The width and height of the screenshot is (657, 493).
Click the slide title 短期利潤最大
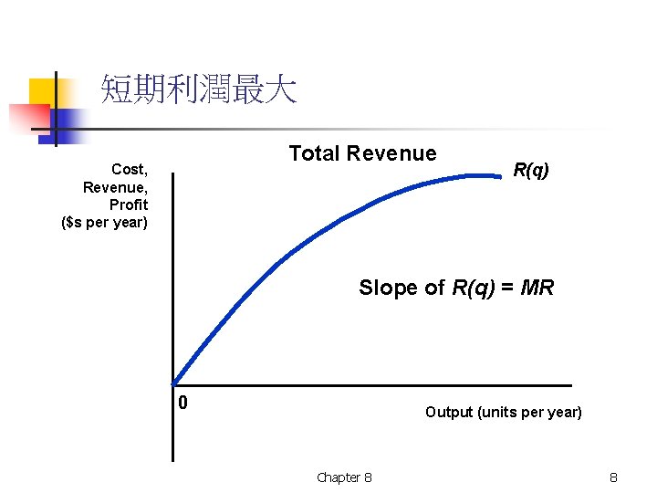(x=198, y=89)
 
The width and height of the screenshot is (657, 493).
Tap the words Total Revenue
(x=362, y=153)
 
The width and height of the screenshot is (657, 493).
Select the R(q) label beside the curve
(x=531, y=170)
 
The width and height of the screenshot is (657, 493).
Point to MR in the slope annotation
(x=538, y=288)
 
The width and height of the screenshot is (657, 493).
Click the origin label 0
(x=183, y=403)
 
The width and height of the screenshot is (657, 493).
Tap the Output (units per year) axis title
(x=503, y=412)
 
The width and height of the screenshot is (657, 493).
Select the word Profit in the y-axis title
(x=128, y=205)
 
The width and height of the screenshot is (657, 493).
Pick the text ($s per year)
(x=104, y=222)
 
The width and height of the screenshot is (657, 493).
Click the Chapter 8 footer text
(x=344, y=477)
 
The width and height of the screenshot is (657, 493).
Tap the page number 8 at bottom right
(x=614, y=477)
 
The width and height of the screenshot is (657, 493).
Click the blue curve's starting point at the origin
(x=173, y=383)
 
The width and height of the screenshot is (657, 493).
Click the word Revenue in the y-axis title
(x=115, y=187)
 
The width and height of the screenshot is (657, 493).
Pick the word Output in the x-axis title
(x=448, y=412)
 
